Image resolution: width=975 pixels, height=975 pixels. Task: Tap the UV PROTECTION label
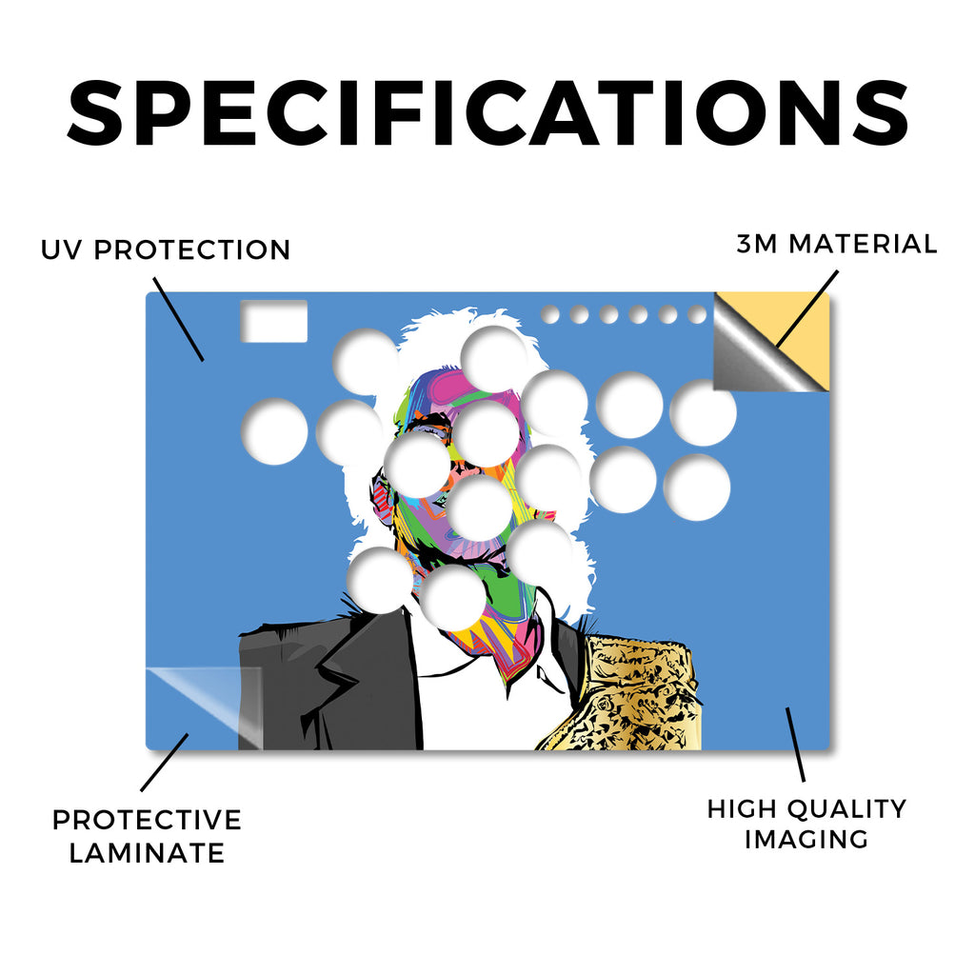click(x=166, y=250)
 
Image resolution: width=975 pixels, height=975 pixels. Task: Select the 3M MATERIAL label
click(x=836, y=244)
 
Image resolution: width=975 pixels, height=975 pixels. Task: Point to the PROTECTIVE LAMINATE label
click(x=147, y=836)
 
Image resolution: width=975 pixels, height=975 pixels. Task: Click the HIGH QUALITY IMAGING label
click(x=806, y=824)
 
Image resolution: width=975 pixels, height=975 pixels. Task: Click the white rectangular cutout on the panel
click(x=274, y=321)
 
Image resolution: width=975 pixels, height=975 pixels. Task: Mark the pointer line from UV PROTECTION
click(x=178, y=319)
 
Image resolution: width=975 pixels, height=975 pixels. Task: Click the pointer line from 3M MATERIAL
click(x=807, y=308)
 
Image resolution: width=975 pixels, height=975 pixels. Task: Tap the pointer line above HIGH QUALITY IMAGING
click(x=795, y=745)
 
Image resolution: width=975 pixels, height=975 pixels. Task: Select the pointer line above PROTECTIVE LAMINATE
click(x=164, y=763)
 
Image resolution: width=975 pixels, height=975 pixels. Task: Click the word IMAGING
click(x=806, y=840)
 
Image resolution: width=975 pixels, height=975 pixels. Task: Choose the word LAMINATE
click(x=147, y=852)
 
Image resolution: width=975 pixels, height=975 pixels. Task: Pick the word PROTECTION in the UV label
click(x=192, y=250)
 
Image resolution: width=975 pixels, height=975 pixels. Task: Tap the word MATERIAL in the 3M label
click(x=863, y=244)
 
